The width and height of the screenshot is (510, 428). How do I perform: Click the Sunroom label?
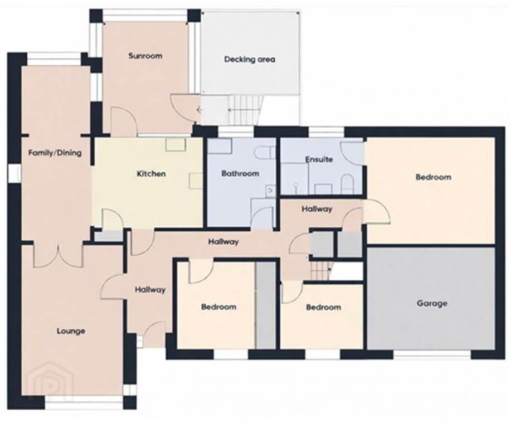click(x=145, y=56)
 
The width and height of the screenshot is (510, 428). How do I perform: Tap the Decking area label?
click(x=250, y=60)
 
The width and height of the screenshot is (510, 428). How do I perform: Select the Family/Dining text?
click(x=55, y=153)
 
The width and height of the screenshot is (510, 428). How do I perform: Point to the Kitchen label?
click(x=151, y=174)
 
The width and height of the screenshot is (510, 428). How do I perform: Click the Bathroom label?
click(x=240, y=173)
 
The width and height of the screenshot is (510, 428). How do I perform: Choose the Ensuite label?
click(x=319, y=159)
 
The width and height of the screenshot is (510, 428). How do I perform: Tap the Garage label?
click(x=431, y=303)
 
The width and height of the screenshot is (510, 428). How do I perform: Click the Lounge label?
click(x=71, y=331)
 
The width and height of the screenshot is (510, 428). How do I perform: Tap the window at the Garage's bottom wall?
click(x=431, y=354)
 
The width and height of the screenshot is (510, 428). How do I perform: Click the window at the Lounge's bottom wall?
click(x=84, y=404)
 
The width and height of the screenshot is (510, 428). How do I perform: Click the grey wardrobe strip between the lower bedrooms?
click(x=266, y=305)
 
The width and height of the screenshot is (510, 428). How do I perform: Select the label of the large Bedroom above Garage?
click(x=433, y=177)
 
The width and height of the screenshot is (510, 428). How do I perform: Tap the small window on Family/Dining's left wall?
click(x=15, y=173)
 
